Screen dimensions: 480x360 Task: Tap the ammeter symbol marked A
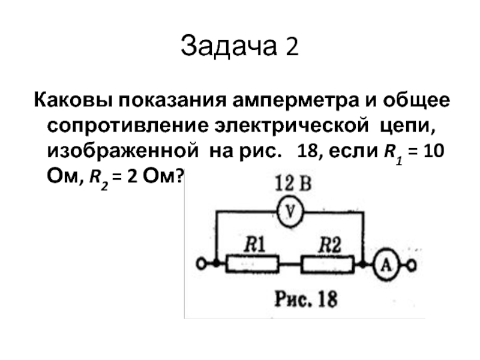(386, 264)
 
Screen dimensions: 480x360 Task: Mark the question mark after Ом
(180, 177)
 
